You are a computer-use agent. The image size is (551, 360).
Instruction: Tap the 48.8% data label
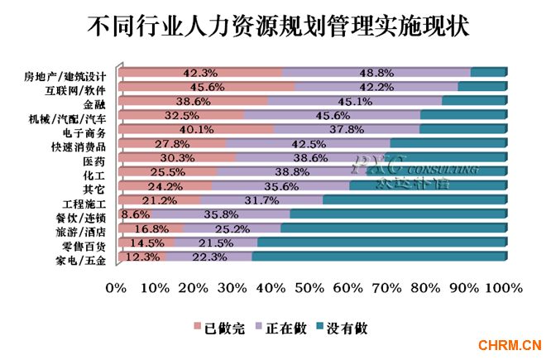pyautogui.click(x=377, y=73)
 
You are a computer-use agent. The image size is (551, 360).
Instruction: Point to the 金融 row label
pyautogui.click(x=95, y=103)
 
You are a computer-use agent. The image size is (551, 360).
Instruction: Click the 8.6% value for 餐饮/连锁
pyautogui.click(x=136, y=214)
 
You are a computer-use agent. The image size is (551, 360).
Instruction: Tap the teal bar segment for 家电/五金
pyautogui.click(x=389, y=259)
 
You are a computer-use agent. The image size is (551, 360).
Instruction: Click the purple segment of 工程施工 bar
pyautogui.click(x=261, y=200)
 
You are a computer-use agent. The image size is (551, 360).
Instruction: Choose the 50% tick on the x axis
pyautogui.click(x=309, y=288)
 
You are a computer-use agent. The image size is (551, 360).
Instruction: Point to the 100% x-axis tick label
pyautogui.click(x=505, y=288)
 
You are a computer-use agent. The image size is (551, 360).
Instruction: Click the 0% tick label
pyautogui.click(x=116, y=288)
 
